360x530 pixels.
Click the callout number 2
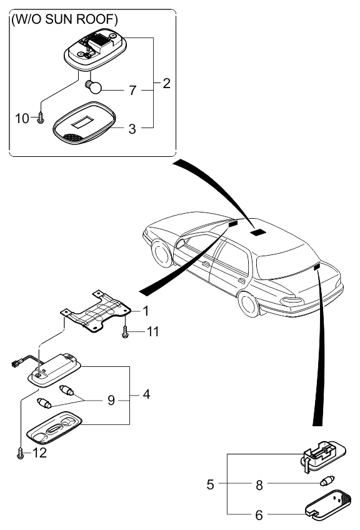coord(166,84)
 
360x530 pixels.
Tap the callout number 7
coord(132,90)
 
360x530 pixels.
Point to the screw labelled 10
coord(40,117)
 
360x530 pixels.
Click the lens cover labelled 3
coord(84,122)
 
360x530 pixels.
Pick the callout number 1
coord(146,311)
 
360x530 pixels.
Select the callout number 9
coord(111,400)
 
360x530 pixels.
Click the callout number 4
coord(146,394)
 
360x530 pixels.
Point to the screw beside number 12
coord(20,453)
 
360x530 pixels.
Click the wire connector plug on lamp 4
coord(14,364)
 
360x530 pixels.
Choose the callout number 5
coord(210,484)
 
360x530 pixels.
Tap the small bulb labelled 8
coord(327,481)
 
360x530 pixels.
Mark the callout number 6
coord(259,515)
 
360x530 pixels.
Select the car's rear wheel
coord(249,304)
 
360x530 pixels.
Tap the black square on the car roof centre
coord(258,232)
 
